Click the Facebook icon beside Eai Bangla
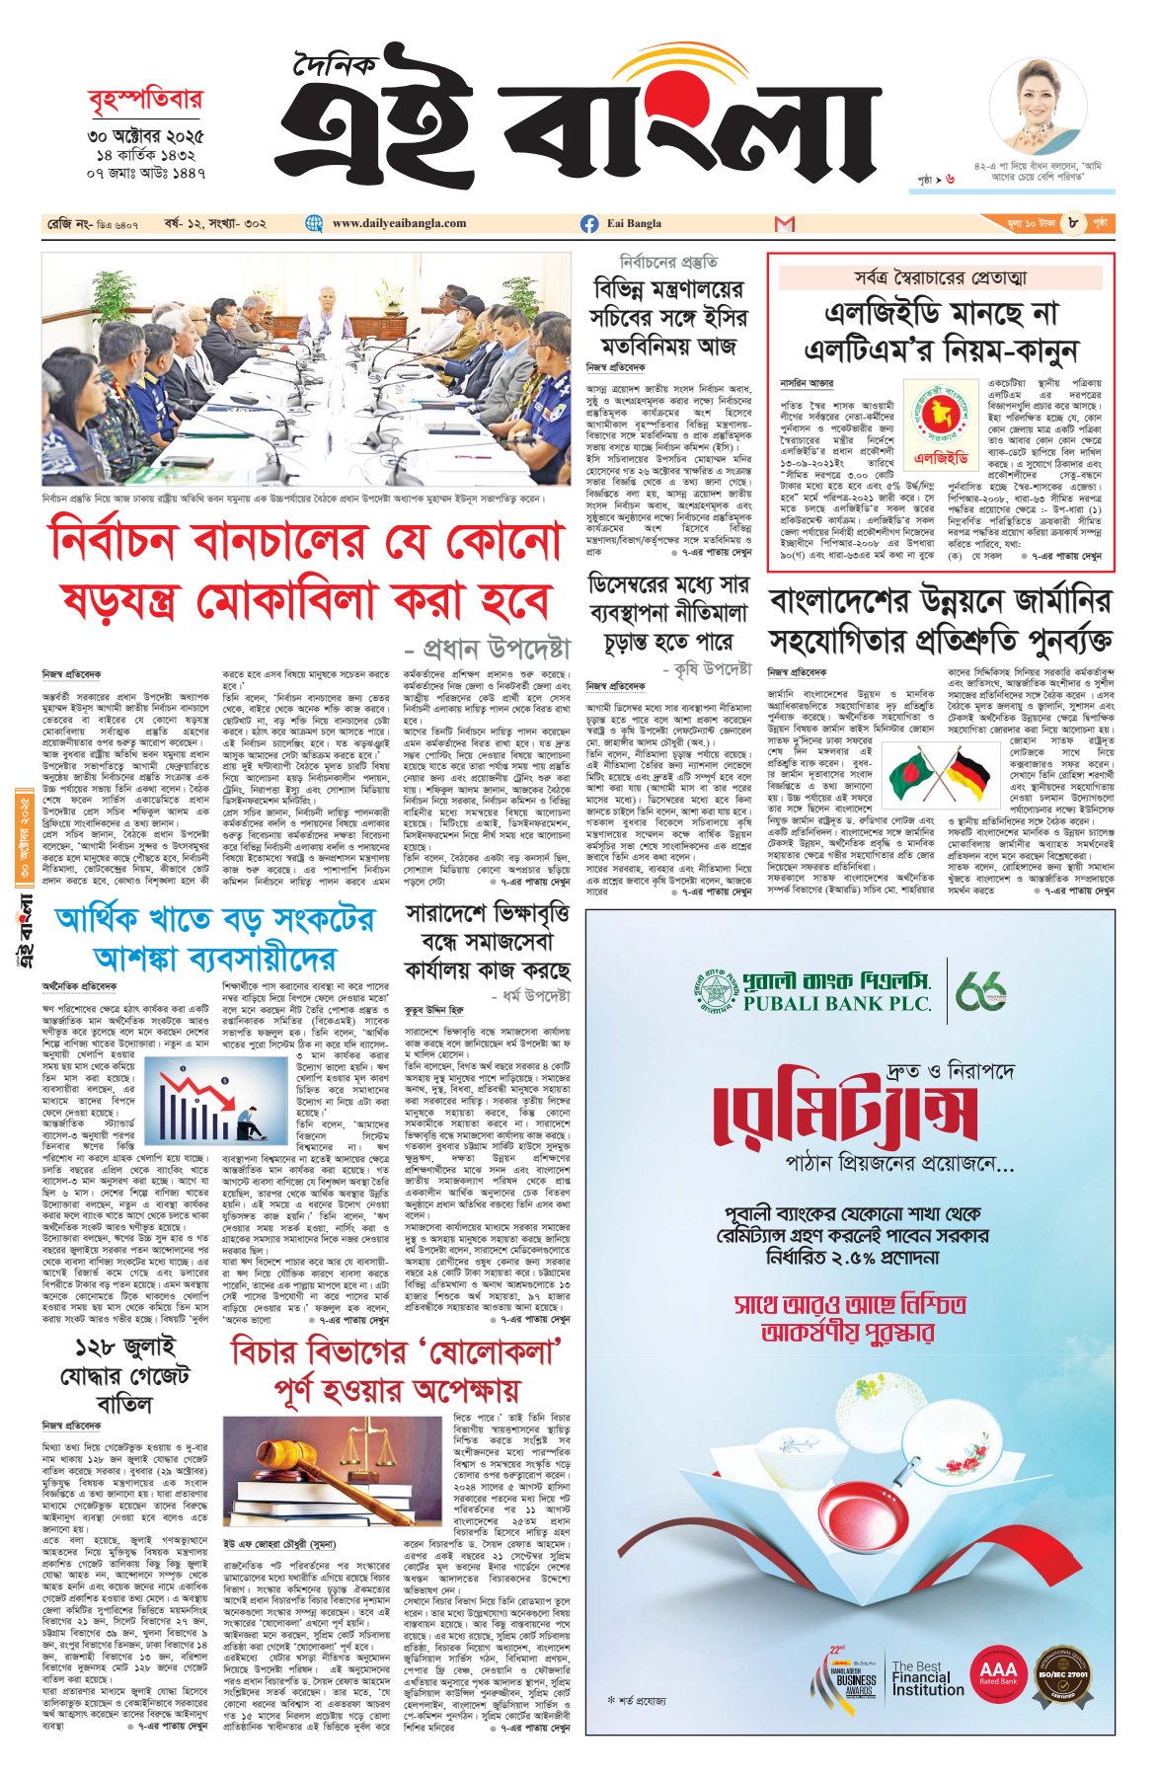(x=589, y=224)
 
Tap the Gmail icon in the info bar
(x=785, y=224)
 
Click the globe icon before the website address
(x=315, y=224)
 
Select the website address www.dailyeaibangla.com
(x=399, y=224)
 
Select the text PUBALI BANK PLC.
(x=837, y=1004)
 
